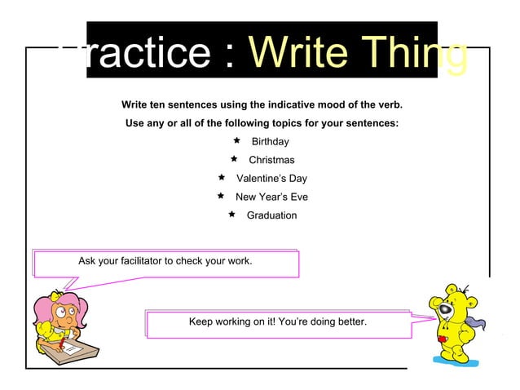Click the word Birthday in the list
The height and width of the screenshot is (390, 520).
pyautogui.click(x=270, y=142)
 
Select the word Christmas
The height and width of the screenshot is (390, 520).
pyautogui.click(x=271, y=160)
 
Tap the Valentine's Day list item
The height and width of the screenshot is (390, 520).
pyautogui.click(x=271, y=179)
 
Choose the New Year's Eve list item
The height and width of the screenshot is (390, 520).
pyautogui.click(x=271, y=197)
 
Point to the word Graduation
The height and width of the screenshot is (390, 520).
pyautogui.click(x=271, y=215)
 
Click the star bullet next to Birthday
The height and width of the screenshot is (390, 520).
pyautogui.click(x=236, y=141)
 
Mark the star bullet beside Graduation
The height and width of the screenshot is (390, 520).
pyautogui.click(x=232, y=215)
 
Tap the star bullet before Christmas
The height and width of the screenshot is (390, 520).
pyautogui.click(x=233, y=159)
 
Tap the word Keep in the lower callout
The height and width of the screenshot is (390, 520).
pyautogui.click(x=201, y=322)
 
